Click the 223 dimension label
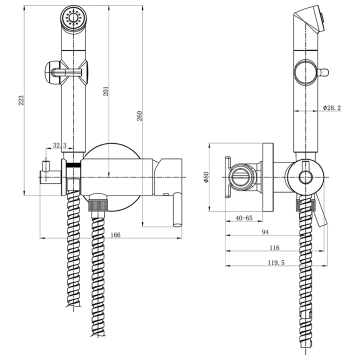pyautogui.click(x=21, y=100)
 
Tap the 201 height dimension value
pyautogui.click(x=105, y=91)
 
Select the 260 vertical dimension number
pyautogui.click(x=139, y=116)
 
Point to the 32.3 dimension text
pyautogui.click(x=59, y=145)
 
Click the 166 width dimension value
pyautogui.click(x=115, y=235)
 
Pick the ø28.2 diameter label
pyautogui.click(x=332, y=107)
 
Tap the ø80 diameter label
pyautogui.click(x=206, y=177)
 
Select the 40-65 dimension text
pyautogui.click(x=244, y=217)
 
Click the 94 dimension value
pyautogui.click(x=265, y=232)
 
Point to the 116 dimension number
pyautogui.click(x=274, y=247)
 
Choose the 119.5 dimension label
pyautogui.click(x=276, y=262)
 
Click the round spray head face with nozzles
pyautogui.click(x=73, y=17)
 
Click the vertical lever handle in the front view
pyautogui.click(x=177, y=210)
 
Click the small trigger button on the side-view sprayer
pyautogui.click(x=323, y=72)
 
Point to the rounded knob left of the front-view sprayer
pyautogui.click(x=51, y=72)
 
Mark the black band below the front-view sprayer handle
pyautogui.click(x=73, y=165)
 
